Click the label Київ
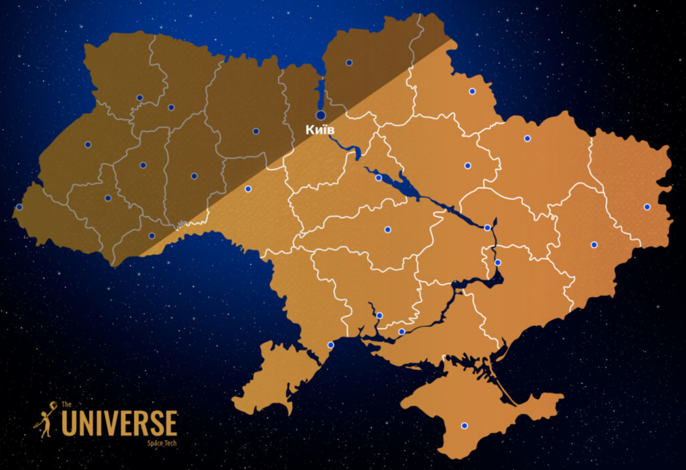[x=320, y=130]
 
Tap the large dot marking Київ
[x=321, y=115]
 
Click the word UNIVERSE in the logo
[x=119, y=423]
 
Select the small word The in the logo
[x=66, y=404]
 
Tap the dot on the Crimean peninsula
[x=464, y=426]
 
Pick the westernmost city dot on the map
[x=19, y=207]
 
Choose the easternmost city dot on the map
[x=647, y=207]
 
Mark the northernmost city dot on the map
[x=349, y=63]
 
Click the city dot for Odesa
[x=331, y=345]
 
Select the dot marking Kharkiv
[x=527, y=139]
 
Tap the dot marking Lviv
[x=88, y=145]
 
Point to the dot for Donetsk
[x=594, y=244]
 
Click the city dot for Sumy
[x=472, y=91]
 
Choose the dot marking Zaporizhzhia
[x=498, y=262]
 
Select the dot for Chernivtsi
[x=152, y=235]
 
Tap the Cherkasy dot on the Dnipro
[x=379, y=178]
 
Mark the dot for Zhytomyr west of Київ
[x=256, y=131]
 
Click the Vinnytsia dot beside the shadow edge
[x=248, y=189]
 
